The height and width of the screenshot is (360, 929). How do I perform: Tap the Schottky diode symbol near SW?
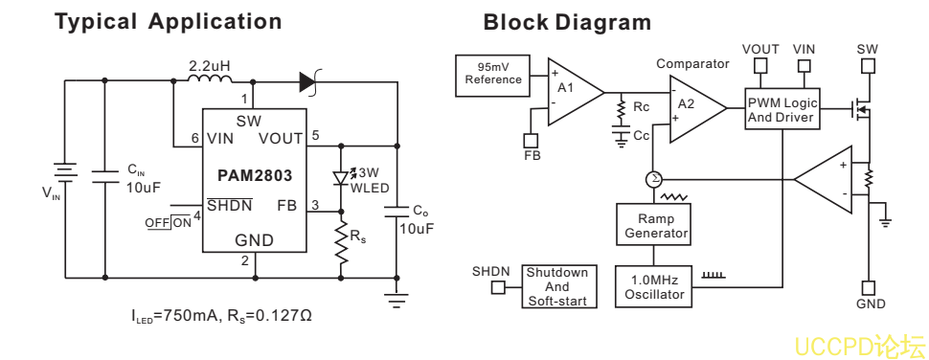(309, 81)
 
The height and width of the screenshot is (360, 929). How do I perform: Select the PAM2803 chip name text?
(255, 176)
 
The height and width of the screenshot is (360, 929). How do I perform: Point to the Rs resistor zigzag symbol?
(341, 243)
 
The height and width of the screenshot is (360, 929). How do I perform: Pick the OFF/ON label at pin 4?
(169, 223)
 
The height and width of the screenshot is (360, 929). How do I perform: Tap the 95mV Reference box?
(492, 76)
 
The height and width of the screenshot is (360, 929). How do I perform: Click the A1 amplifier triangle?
(575, 92)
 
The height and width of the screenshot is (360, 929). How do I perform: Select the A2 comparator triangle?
(697, 109)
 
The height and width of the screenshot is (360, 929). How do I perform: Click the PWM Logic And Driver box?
(782, 109)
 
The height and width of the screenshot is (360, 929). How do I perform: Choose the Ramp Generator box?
(654, 226)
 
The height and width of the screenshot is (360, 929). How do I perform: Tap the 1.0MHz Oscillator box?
(654, 286)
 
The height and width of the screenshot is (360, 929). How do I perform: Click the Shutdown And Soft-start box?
(558, 286)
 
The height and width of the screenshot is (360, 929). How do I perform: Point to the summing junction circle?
(653, 179)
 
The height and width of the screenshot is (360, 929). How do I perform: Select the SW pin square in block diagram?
(868, 65)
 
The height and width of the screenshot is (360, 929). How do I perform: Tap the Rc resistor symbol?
(621, 108)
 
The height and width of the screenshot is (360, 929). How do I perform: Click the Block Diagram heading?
(567, 23)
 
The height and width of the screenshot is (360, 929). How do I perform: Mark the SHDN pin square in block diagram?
(498, 288)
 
